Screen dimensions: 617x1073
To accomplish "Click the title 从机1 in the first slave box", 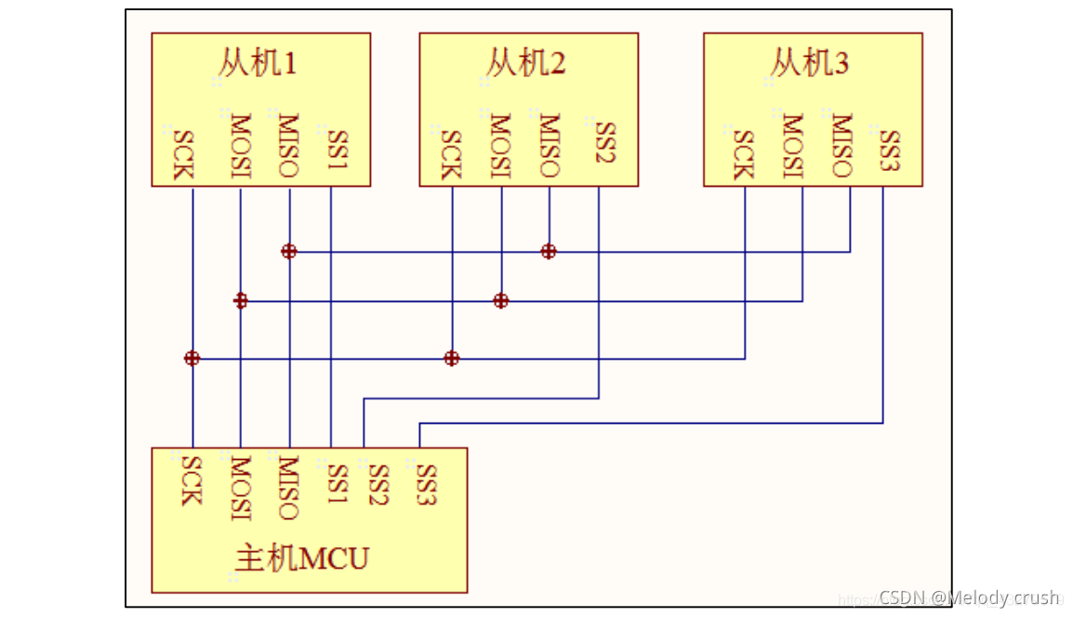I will pos(258,63).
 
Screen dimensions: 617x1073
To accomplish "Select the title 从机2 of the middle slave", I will pos(525,63).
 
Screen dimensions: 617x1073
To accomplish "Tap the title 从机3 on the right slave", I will pos(809,63).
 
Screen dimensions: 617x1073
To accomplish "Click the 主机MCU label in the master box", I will pos(302,558).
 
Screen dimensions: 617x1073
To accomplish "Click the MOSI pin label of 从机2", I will pos(500,145).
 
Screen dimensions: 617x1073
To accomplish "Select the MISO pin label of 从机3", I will pos(841,145).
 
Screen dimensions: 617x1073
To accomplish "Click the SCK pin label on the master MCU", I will pos(191,480).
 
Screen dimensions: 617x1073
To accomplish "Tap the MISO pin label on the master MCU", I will pos(287,488).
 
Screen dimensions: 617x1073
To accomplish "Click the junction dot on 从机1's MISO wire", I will pos(289,251).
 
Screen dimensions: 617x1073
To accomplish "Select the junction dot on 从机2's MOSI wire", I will pos(501,300).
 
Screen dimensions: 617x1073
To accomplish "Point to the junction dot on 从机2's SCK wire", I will pos(452,358).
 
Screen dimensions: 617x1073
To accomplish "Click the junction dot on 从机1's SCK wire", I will pos(192,358).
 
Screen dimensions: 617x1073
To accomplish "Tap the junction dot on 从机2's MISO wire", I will pos(549,251).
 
